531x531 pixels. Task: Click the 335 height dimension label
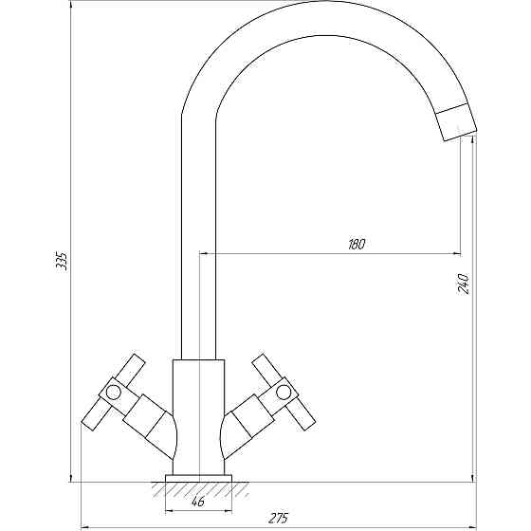coord(62,261)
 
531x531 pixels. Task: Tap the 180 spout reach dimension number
coord(357,245)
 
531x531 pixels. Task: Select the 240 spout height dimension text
coord(463,284)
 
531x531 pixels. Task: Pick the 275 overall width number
coord(279,518)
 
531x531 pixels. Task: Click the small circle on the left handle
coord(113,393)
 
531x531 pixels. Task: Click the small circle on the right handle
coord(284,393)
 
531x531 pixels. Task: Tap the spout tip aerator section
coord(456,122)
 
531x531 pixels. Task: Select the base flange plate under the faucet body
coord(198,478)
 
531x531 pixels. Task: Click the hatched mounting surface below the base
coord(200,489)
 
